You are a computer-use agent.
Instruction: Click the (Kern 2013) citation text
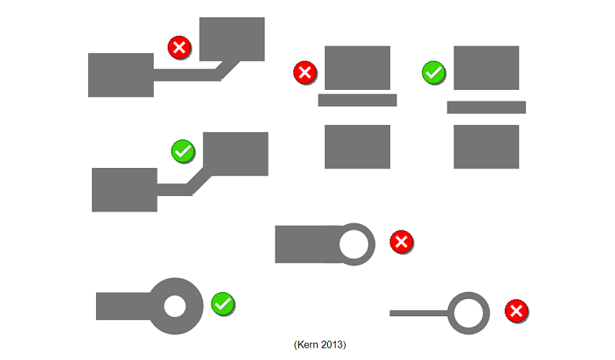pyautogui.click(x=320, y=344)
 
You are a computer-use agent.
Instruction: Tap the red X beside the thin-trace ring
pyautogui.click(x=516, y=311)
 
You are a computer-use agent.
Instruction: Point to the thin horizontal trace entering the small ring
pyautogui.click(x=419, y=313)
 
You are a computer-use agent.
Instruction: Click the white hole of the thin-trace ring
pyautogui.click(x=468, y=313)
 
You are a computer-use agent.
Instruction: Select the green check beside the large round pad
pyautogui.click(x=222, y=304)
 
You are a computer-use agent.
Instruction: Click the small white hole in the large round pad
pyautogui.click(x=175, y=306)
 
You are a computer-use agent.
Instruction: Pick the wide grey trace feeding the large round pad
pyautogui.click(x=123, y=306)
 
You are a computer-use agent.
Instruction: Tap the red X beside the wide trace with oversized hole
pyautogui.click(x=401, y=242)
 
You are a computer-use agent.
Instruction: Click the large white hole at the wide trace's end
pyautogui.click(x=354, y=244)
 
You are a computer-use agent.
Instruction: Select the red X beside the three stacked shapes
pyautogui.click(x=304, y=73)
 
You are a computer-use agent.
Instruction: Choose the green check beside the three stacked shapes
pyautogui.click(x=433, y=73)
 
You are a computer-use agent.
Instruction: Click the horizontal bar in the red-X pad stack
pyautogui.click(x=357, y=100)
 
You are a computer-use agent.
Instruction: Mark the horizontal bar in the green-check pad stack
pyautogui.click(x=486, y=107)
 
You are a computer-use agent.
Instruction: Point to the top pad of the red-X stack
pyautogui.click(x=357, y=67)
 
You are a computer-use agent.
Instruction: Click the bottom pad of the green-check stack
pyautogui.click(x=486, y=147)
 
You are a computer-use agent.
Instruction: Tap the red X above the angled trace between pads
pyautogui.click(x=180, y=48)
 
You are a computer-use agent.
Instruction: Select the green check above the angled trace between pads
pyautogui.click(x=183, y=151)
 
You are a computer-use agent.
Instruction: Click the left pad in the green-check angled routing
pyautogui.click(x=125, y=190)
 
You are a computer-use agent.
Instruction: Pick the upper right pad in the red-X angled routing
pyautogui.click(x=232, y=39)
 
